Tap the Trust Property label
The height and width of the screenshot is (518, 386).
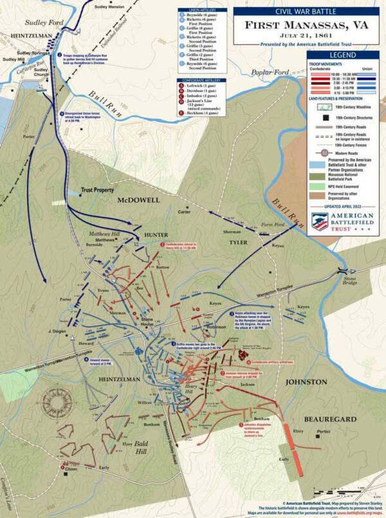point(97,191)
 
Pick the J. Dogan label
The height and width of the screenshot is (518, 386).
point(57,331)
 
